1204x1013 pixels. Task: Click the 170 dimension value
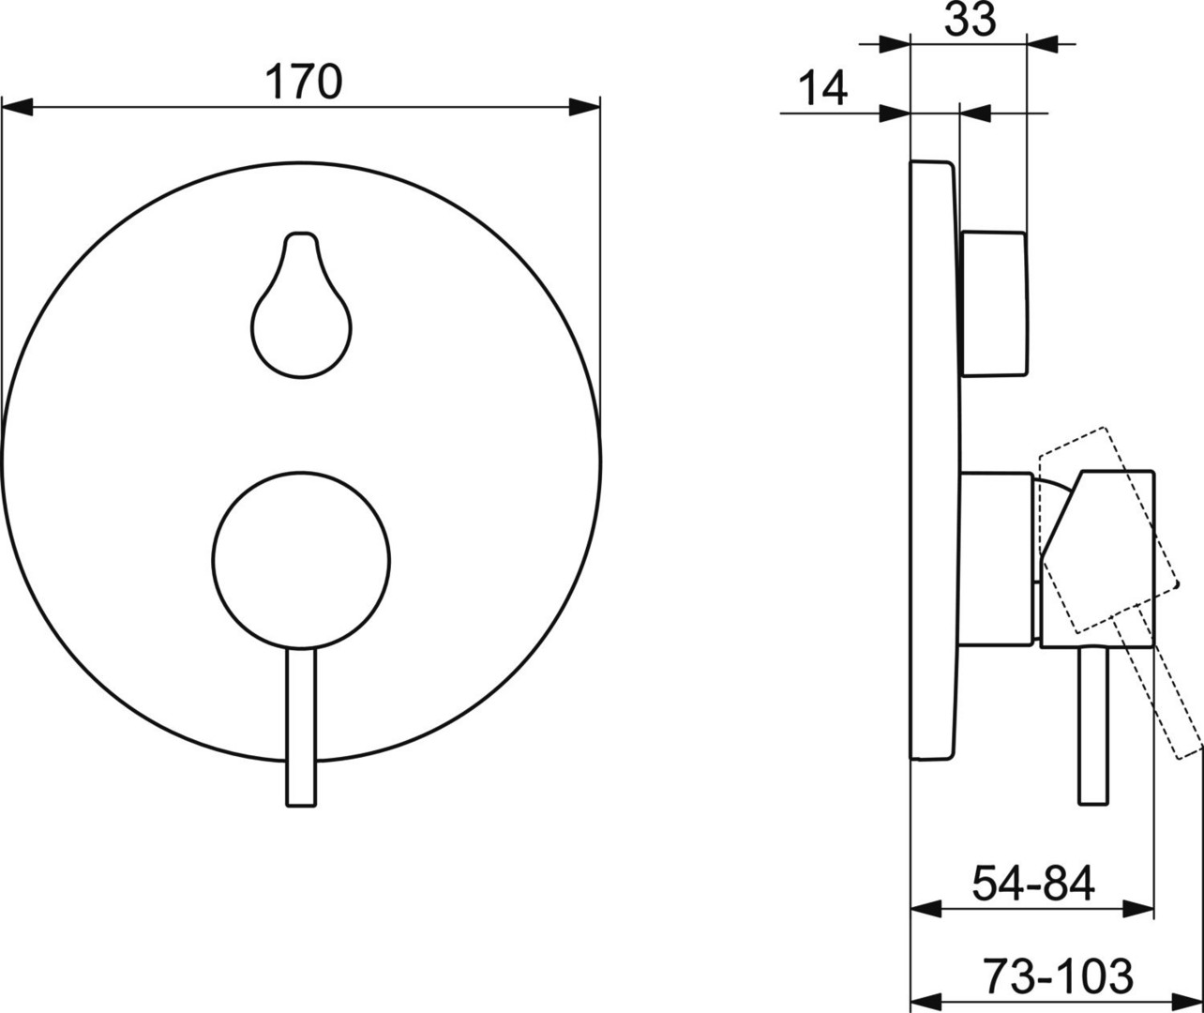coord(304,82)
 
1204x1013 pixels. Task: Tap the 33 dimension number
coord(971,20)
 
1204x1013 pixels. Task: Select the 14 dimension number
coord(823,87)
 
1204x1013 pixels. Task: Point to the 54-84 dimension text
coord(1033,884)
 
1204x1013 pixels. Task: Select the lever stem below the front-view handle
coord(301,727)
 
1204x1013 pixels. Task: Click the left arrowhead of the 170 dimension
coord(17,107)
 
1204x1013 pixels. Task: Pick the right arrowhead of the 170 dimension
coord(584,107)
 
